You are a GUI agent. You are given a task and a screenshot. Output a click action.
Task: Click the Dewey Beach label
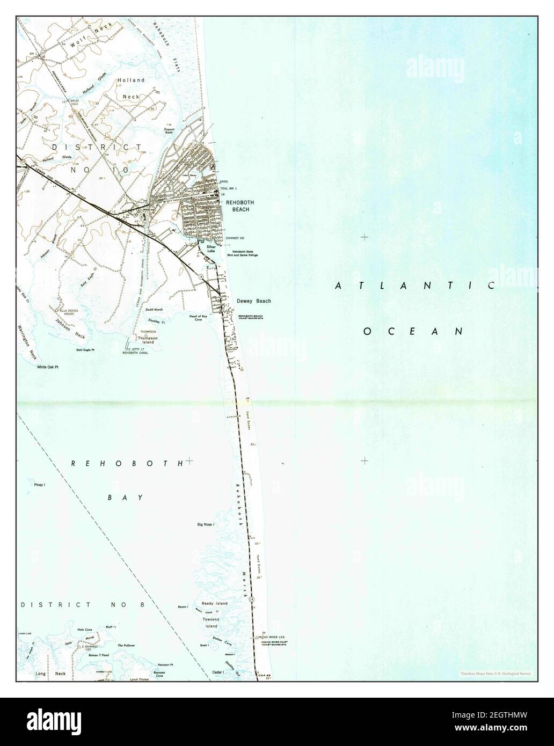[x=253, y=301]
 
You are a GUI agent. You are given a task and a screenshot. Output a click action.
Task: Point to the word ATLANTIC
[x=415, y=286]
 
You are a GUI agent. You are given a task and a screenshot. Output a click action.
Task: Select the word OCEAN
[x=413, y=332]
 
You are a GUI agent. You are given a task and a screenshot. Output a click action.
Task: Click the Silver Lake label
[x=210, y=249]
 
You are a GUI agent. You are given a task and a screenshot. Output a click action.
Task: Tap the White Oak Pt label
[x=47, y=367]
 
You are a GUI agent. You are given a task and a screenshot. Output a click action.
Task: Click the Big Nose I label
[x=206, y=524]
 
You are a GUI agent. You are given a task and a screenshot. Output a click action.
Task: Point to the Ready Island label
[x=214, y=603]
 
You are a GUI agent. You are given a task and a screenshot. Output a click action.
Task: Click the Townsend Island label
[x=210, y=623]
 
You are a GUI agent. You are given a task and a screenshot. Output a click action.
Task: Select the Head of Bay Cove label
[x=198, y=318]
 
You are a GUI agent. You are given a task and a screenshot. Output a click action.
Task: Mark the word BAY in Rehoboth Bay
[x=125, y=498]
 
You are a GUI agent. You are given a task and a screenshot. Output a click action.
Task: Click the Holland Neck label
[x=131, y=88]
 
